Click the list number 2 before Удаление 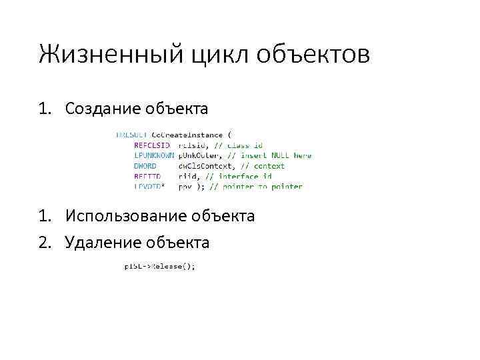44,242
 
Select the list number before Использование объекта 44,216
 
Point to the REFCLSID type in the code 152,145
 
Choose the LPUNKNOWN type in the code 154,155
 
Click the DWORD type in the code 145,166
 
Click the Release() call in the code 175,266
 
